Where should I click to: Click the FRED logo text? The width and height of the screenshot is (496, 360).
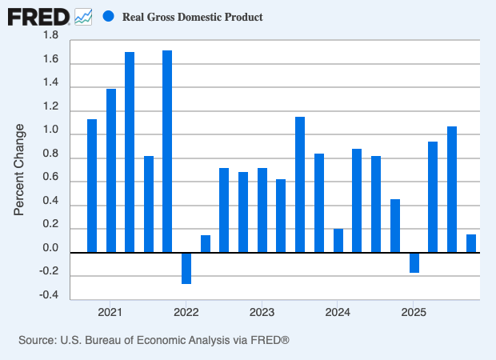point(39,16)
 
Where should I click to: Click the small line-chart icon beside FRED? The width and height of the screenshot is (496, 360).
point(83,16)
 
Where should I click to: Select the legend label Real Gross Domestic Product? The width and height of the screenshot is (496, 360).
point(192,17)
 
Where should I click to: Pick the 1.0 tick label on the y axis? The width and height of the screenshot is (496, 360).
point(50,131)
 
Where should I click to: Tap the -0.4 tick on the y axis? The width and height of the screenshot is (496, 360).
point(48,296)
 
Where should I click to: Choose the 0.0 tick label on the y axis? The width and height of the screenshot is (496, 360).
point(50,249)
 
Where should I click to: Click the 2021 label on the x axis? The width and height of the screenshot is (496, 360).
point(110,311)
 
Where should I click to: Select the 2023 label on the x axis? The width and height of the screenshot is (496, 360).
point(262,311)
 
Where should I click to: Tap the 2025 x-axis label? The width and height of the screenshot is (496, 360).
point(413,311)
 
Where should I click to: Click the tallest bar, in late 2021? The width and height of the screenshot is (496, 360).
point(167,151)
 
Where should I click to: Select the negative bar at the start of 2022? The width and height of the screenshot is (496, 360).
point(186,268)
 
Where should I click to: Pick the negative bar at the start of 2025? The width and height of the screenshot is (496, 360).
point(414,262)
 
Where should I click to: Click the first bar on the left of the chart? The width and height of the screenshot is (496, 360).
point(92,186)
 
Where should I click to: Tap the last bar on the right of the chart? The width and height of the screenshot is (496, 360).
point(471,243)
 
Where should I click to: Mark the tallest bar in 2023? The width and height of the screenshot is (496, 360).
point(300,185)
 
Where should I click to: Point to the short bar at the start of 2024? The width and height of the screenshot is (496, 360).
point(338,241)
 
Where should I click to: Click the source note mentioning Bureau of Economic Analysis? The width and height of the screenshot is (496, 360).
point(154,341)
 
